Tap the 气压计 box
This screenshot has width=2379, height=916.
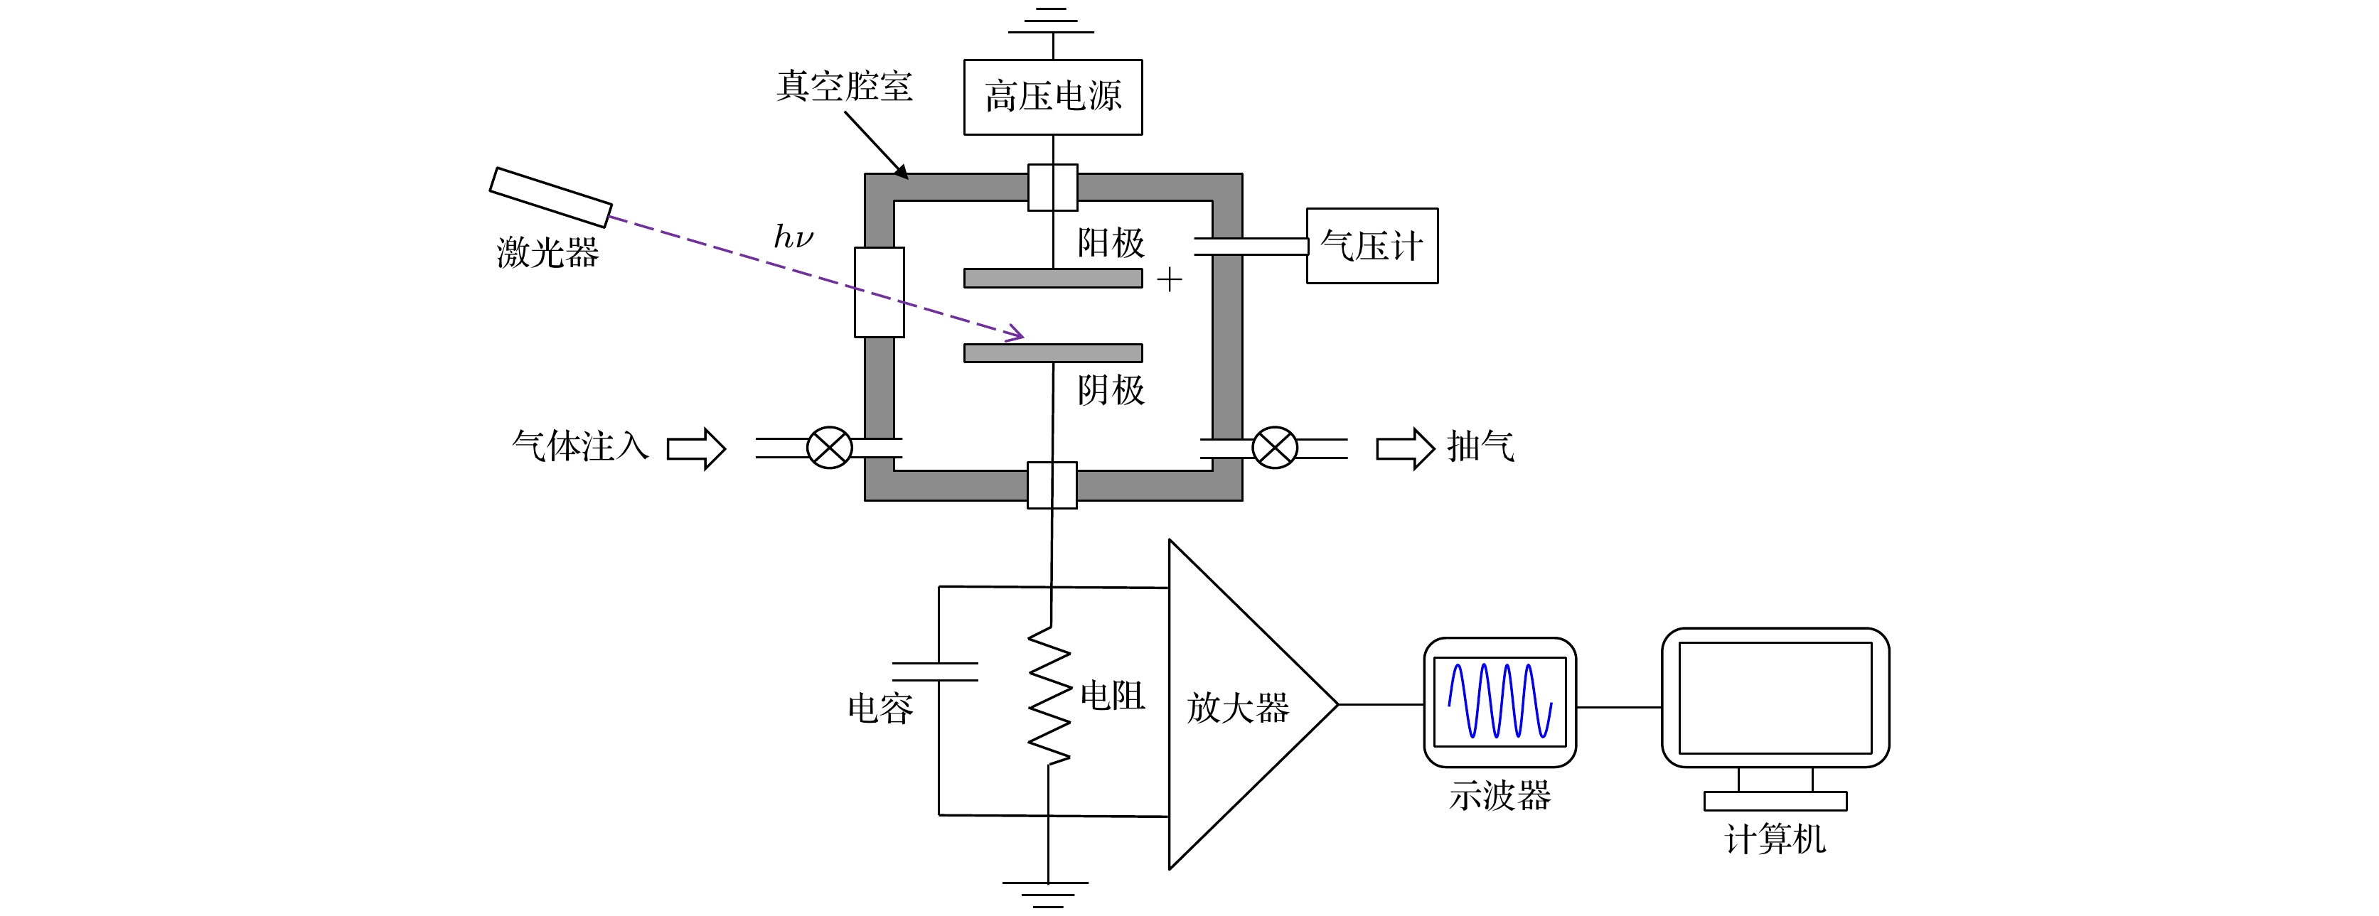tap(1372, 246)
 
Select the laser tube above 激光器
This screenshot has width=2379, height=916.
tap(550, 197)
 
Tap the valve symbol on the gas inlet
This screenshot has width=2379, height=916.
tap(829, 448)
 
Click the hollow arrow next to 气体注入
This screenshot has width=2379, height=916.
tap(696, 449)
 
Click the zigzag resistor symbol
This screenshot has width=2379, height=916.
tap(1050, 695)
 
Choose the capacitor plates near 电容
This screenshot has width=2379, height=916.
tap(934, 672)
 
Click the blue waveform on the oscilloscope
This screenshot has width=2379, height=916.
tap(1499, 700)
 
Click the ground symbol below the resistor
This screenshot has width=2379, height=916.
tap(1047, 893)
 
